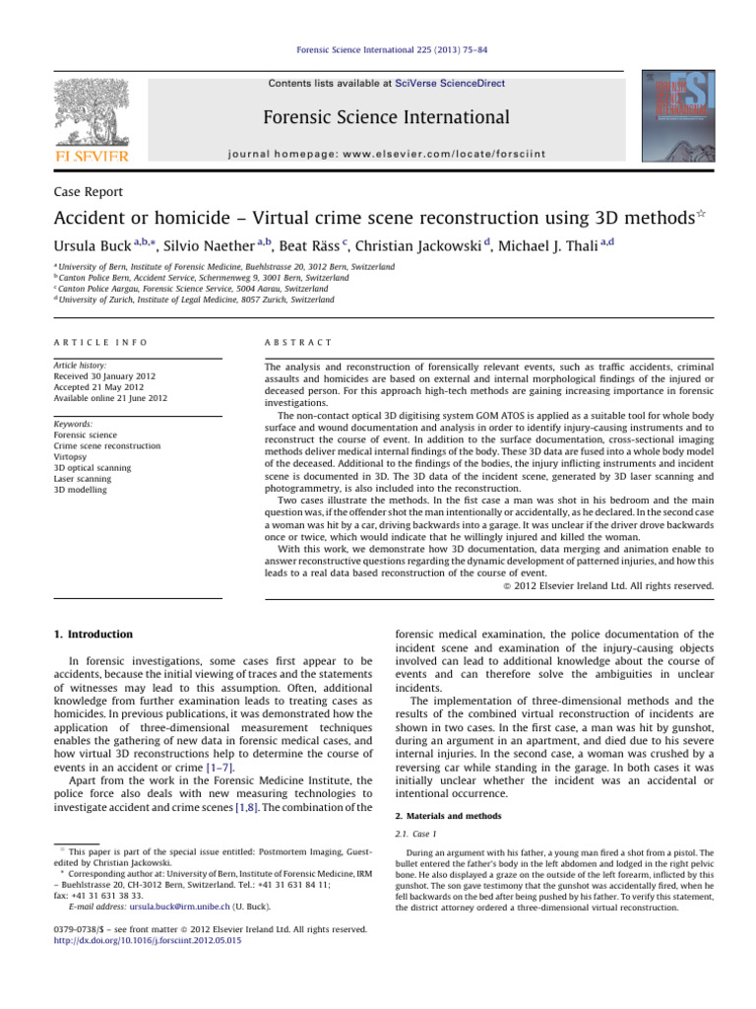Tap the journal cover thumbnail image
coord(674,117)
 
